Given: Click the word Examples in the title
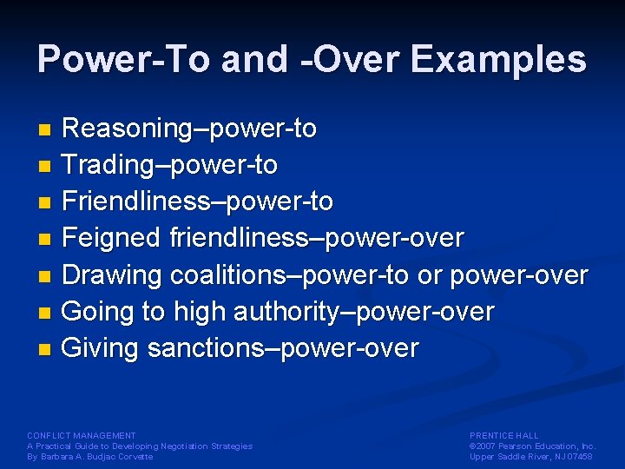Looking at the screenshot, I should coord(498,60).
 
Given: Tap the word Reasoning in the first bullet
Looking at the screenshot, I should coord(125,129).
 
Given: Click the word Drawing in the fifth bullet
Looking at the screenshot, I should coord(113,275).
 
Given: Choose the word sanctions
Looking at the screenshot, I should coord(205,349).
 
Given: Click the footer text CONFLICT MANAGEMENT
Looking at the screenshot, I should coord(82,435).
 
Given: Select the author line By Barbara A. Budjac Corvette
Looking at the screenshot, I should coord(89,457).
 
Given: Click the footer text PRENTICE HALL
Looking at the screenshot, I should coord(503,435).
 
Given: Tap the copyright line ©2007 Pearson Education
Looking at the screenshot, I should coord(531,446).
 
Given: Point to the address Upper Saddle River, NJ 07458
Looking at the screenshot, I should coord(531,457).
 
